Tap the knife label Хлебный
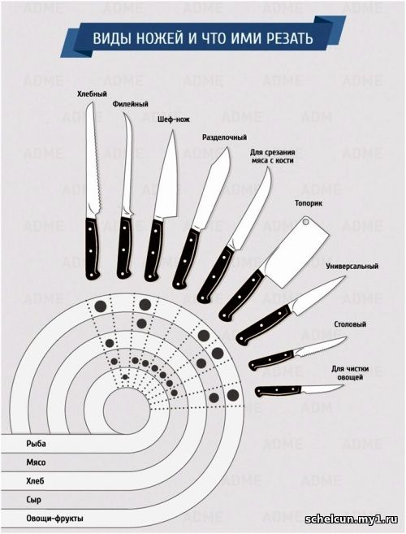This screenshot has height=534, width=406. (x=92, y=94)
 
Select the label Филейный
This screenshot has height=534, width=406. (x=131, y=104)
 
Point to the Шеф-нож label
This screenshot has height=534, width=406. (x=174, y=119)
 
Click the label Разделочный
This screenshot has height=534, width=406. (x=225, y=137)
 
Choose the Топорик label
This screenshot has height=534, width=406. (x=309, y=203)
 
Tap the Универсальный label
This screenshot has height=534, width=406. (x=352, y=266)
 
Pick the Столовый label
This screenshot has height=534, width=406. (x=350, y=323)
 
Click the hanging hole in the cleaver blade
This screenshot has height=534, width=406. (x=305, y=222)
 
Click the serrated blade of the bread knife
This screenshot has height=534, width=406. (x=93, y=160)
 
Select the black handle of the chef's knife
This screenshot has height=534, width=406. (x=153, y=250)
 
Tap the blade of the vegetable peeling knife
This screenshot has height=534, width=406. (x=322, y=389)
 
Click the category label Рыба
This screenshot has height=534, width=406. (x=36, y=444)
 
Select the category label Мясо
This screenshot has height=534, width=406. (x=36, y=462)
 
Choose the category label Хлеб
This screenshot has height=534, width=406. (x=35, y=481)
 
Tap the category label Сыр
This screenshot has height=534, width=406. (x=33, y=500)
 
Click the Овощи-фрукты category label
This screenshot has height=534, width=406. (x=54, y=519)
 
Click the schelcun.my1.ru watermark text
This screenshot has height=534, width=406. (x=352, y=519)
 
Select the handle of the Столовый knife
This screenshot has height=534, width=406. (x=271, y=360)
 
